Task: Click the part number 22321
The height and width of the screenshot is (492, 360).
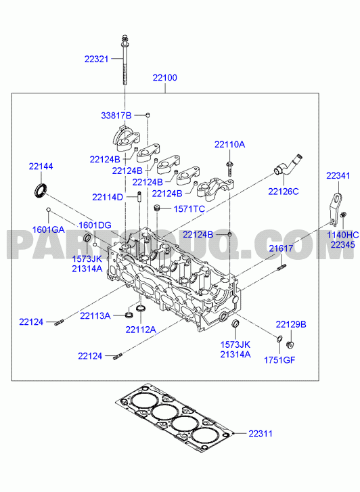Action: tap(96, 59)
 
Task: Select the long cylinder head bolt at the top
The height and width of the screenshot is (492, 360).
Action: tap(125, 60)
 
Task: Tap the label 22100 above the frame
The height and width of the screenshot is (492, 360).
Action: tap(165, 78)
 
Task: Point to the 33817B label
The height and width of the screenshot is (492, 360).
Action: tap(116, 116)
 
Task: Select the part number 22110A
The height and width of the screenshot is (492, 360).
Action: tap(230, 144)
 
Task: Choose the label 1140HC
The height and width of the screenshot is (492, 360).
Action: tap(342, 235)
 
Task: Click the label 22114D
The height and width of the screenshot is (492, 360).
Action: tap(108, 198)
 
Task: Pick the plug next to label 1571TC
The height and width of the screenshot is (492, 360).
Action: tap(158, 208)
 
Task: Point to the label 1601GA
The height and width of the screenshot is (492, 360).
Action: tap(48, 229)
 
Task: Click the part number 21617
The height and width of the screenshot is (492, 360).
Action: tap(281, 248)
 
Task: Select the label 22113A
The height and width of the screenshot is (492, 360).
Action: tap(95, 315)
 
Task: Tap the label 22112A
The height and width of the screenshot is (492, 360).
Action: tap(141, 330)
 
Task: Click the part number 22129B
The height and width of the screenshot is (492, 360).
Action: tap(291, 324)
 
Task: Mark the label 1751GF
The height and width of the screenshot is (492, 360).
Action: tap(279, 360)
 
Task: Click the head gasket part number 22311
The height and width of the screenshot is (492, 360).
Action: tap(261, 434)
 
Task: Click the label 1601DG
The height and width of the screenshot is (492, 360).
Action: tap(95, 225)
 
